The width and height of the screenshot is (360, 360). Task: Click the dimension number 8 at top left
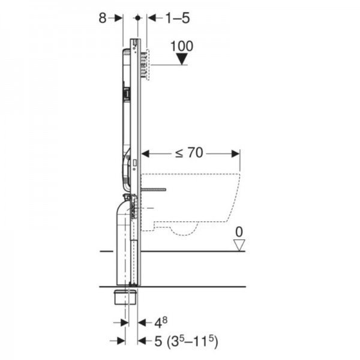pyautogui.click(x=103, y=18)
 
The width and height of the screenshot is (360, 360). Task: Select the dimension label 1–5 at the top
pyautogui.click(x=178, y=18)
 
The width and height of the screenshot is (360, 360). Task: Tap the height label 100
pyautogui.click(x=182, y=46)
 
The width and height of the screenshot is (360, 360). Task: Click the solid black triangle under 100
pyautogui.click(x=182, y=59)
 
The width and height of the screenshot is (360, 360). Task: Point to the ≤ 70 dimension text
pyautogui.click(x=189, y=152)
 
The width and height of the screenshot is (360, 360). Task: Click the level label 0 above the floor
pyautogui.click(x=239, y=232)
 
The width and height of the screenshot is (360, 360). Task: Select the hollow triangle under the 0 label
pyautogui.click(x=239, y=245)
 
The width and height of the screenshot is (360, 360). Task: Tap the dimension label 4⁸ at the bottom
pyautogui.click(x=161, y=322)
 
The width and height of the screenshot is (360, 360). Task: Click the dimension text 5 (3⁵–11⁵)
pyautogui.click(x=186, y=341)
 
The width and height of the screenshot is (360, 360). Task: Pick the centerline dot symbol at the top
pyautogui.click(x=138, y=17)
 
